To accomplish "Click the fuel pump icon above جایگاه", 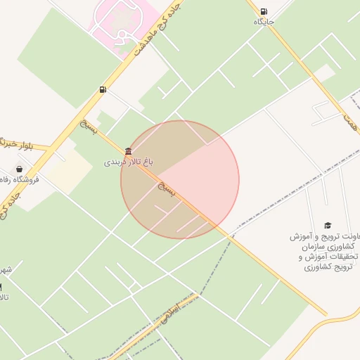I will [x=263, y=11].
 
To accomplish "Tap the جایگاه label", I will [x=264, y=22].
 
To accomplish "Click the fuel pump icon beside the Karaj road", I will [x=103, y=89].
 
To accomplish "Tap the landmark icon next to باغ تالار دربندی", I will [x=127, y=152].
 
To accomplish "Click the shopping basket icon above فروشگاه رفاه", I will [x=18, y=169].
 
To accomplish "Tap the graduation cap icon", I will [x=328, y=225].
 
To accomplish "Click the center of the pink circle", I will [x=180, y=180].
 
